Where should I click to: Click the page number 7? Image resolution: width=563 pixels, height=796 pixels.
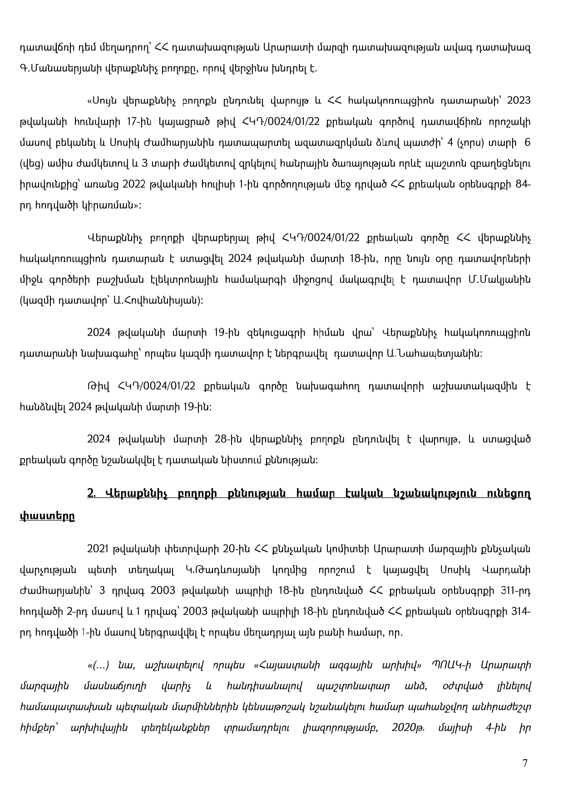click(525, 763)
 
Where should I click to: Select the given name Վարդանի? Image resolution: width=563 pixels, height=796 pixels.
click(511, 570)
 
